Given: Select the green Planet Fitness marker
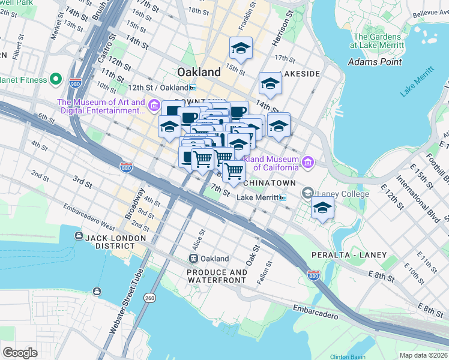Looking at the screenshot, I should [x=56, y=79].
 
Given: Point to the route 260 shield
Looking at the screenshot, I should [x=149, y=298].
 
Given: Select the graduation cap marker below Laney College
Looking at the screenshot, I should [x=322, y=208].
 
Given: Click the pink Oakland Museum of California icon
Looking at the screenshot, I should [x=308, y=162].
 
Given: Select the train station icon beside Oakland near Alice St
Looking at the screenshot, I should [x=193, y=259].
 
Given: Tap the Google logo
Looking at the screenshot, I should [x=20, y=352].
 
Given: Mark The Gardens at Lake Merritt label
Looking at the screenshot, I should [x=381, y=40].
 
